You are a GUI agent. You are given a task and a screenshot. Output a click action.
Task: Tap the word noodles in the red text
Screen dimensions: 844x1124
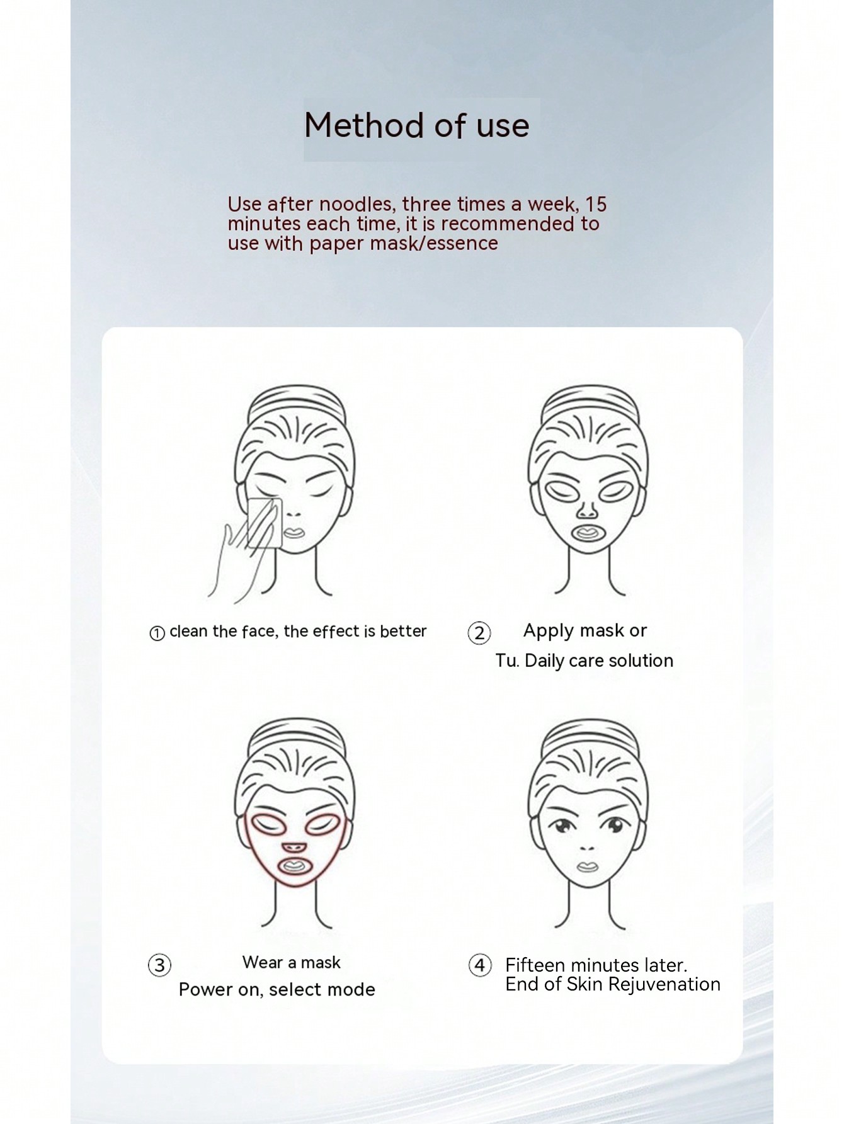click(x=355, y=204)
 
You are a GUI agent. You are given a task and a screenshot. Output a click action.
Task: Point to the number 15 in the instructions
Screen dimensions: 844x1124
click(x=595, y=204)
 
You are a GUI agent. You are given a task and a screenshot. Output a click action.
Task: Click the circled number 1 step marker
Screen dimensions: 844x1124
click(x=157, y=633)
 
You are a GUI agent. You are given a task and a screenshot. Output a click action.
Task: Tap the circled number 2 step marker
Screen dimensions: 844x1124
click(x=479, y=633)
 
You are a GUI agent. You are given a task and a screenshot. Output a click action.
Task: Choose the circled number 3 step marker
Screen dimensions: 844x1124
click(x=159, y=965)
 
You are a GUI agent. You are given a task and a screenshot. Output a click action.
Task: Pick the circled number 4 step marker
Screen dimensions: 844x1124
click(x=480, y=965)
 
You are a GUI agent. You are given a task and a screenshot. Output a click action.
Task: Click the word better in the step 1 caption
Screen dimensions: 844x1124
click(x=403, y=631)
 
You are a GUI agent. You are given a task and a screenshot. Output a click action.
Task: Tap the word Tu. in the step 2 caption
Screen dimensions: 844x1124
click(x=507, y=661)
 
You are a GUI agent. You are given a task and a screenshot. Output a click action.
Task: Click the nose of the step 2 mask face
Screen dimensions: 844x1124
click(x=587, y=506)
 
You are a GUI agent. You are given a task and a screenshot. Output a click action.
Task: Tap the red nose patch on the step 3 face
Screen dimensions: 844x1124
click(x=294, y=848)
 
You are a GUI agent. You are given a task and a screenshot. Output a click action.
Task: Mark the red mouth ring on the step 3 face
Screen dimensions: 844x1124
click(x=294, y=866)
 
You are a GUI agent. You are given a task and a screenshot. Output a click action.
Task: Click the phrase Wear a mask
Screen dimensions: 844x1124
click(x=292, y=962)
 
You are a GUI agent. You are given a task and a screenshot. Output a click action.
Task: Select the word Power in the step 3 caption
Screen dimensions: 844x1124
click(x=203, y=989)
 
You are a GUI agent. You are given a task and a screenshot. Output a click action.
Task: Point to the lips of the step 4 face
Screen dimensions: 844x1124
click(x=587, y=866)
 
